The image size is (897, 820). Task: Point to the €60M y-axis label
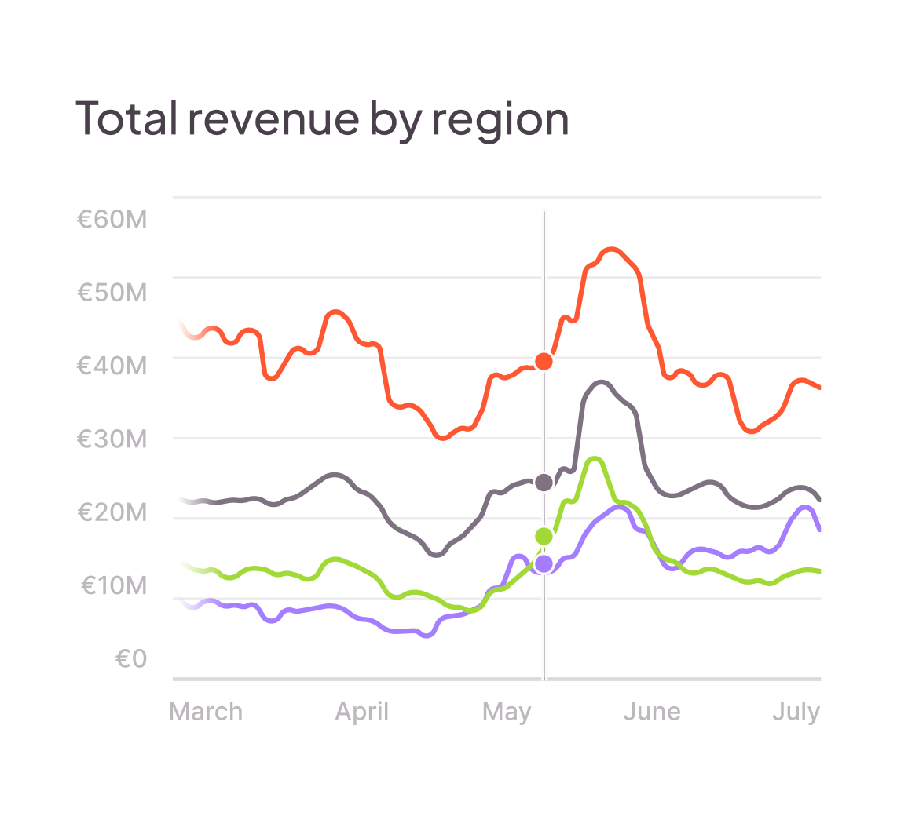point(112,220)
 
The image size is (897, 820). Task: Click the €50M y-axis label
point(112,293)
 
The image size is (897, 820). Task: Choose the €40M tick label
point(112,366)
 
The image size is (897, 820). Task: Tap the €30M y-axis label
point(112,439)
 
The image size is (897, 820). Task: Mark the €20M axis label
point(112,512)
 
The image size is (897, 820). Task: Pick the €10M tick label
point(114,585)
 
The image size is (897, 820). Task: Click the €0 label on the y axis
point(131,659)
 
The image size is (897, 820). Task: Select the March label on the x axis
point(206,712)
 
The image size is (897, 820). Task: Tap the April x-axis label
point(362,712)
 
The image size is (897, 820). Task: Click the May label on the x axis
point(507,712)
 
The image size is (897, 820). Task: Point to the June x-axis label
point(652,712)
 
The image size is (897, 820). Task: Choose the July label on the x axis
point(796,712)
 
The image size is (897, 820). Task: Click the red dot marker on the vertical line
point(544,362)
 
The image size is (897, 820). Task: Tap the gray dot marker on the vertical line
point(544,482)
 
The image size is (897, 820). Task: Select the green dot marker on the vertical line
point(544,536)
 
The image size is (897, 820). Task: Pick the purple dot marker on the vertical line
point(544,563)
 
